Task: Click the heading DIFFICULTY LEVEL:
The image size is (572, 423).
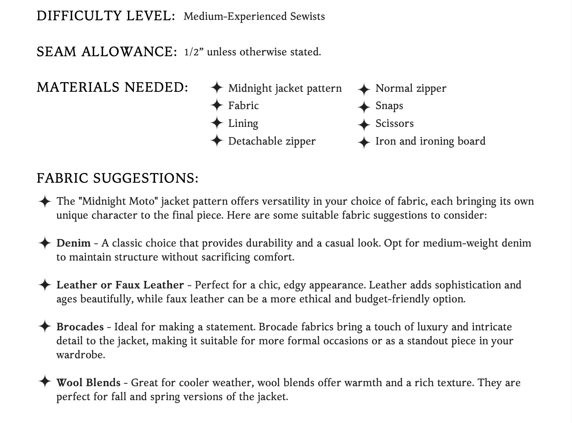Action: pyautogui.click(x=106, y=16)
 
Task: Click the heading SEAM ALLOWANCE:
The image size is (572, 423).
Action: pyautogui.click(x=106, y=52)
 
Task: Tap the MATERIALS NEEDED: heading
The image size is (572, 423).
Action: pyautogui.click(x=112, y=87)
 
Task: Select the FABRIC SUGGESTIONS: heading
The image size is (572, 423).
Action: pyautogui.click(x=117, y=178)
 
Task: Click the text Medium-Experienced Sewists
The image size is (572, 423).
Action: pyautogui.click(x=254, y=16)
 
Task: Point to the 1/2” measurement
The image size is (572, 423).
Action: pyautogui.click(x=192, y=52)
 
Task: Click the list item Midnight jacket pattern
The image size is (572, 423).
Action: pyautogui.click(x=285, y=88)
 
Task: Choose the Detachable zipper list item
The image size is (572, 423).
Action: pyautogui.click(x=272, y=141)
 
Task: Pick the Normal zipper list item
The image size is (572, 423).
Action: pyautogui.click(x=411, y=88)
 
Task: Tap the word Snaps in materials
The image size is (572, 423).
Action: pyautogui.click(x=389, y=106)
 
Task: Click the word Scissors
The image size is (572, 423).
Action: pyautogui.click(x=394, y=124)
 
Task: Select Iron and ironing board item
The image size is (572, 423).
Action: pyautogui.click(x=430, y=141)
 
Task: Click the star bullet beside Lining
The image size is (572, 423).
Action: pyautogui.click(x=217, y=123)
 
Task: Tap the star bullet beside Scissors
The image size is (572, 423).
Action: pyautogui.click(x=364, y=124)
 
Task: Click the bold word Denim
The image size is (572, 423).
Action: pyautogui.click(x=73, y=243)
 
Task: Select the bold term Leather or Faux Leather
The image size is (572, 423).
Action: pyautogui.click(x=120, y=285)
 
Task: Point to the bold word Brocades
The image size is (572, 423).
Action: pyautogui.click(x=80, y=327)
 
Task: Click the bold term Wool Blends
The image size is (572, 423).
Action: pyautogui.click(x=88, y=383)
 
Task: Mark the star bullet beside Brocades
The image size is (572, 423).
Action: pyautogui.click(x=44, y=327)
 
